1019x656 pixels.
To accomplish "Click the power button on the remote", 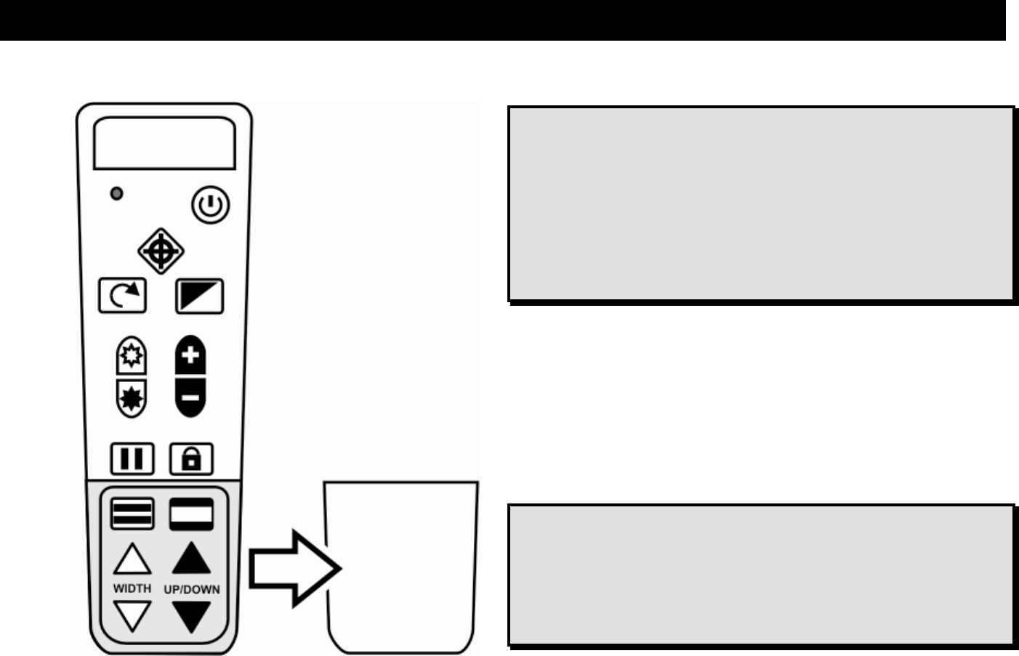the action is (x=211, y=206).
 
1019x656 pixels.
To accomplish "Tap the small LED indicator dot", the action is (x=116, y=194).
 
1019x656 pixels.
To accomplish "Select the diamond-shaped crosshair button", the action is (x=161, y=251).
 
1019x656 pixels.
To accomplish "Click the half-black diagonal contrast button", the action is (x=199, y=296).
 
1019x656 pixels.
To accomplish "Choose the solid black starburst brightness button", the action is (x=132, y=398).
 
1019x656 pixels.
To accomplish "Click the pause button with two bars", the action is (x=132, y=459).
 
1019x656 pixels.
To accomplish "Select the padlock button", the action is (x=191, y=459).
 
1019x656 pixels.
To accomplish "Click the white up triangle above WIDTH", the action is (x=132, y=561).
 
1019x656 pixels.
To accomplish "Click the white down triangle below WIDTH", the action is (x=132, y=616).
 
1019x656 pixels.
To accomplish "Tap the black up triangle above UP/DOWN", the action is (x=192, y=559).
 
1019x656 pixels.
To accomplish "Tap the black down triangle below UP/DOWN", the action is (x=192, y=616).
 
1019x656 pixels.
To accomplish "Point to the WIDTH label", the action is (x=132, y=588).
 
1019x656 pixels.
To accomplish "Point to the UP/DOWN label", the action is (x=192, y=589).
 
